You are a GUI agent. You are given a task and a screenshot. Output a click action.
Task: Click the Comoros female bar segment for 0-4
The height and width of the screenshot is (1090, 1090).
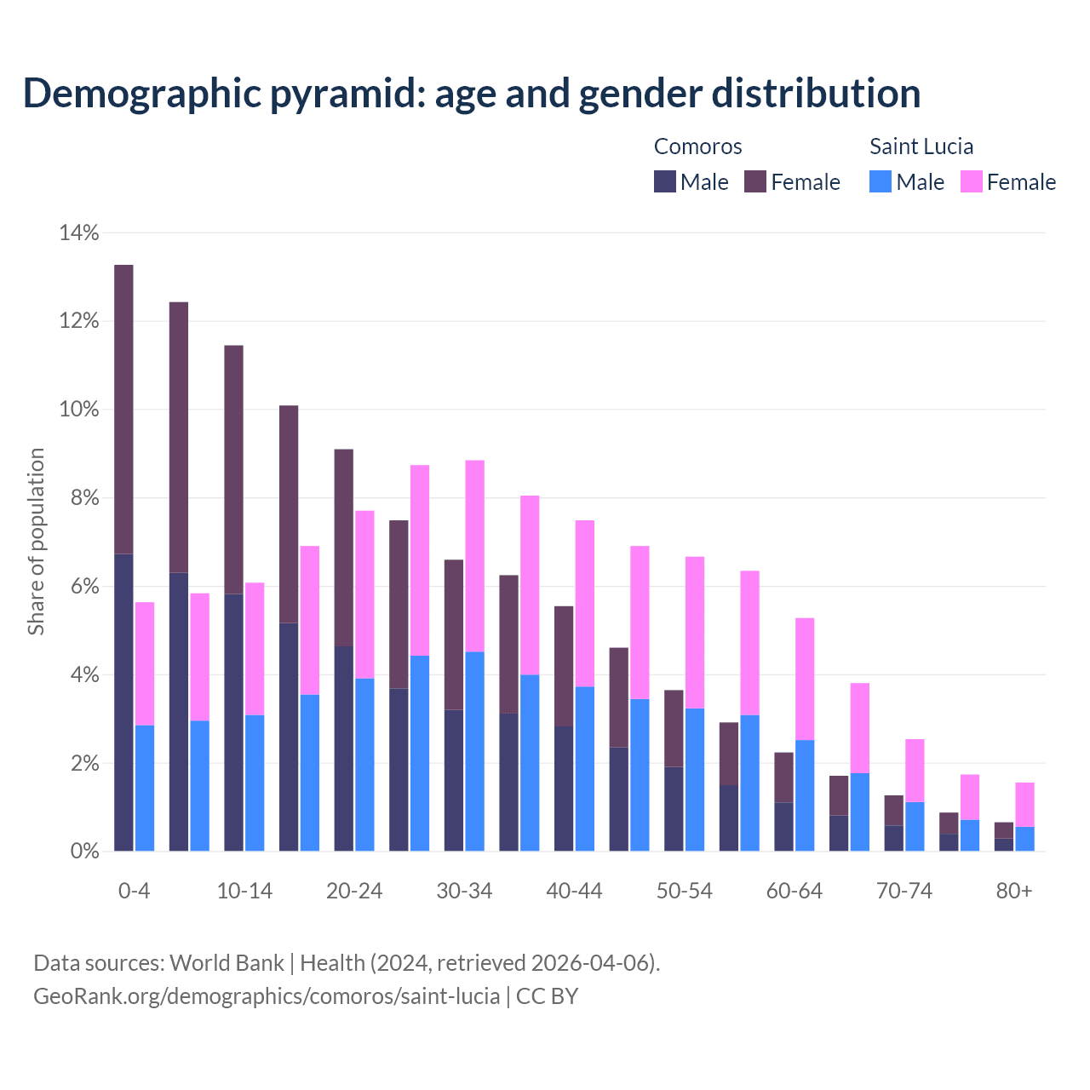(123, 410)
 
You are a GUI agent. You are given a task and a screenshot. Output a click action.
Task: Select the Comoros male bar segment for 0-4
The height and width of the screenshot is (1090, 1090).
(123, 703)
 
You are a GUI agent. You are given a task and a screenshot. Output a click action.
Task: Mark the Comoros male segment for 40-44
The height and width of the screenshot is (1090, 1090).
(564, 789)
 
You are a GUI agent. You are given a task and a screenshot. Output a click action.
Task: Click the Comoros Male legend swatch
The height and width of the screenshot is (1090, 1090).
(665, 181)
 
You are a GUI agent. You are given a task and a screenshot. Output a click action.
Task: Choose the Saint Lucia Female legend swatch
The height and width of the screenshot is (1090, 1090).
(972, 181)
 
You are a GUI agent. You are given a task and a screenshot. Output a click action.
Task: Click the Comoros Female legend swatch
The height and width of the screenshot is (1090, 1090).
(755, 181)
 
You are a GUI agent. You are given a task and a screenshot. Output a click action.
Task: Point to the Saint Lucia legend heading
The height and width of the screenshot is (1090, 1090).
(921, 146)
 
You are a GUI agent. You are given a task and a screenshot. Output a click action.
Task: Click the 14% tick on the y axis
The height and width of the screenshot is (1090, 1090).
(79, 232)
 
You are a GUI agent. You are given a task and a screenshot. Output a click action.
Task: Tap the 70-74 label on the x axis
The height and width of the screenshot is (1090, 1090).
(904, 891)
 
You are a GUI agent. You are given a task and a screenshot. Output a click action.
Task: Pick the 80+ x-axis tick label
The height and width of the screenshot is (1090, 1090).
(1014, 891)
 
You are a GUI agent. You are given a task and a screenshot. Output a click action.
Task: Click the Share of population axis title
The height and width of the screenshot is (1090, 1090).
(37, 542)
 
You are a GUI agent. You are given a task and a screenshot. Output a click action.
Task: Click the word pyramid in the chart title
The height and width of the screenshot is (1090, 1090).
(344, 93)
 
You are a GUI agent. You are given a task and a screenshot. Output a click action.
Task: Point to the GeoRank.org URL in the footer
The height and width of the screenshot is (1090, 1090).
(267, 995)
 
